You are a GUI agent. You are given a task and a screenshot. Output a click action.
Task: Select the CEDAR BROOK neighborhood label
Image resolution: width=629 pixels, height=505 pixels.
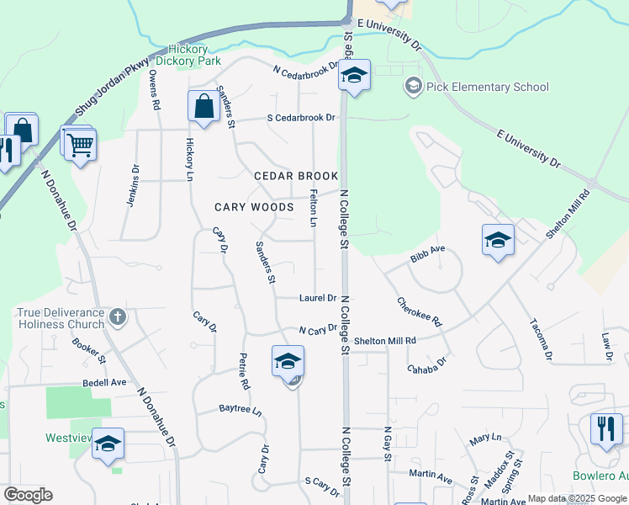click(296, 176)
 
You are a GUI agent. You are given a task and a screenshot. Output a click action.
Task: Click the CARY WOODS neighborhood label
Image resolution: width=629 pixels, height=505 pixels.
click(254, 207)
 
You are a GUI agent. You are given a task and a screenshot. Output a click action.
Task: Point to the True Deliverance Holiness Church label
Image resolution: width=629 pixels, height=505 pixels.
click(61, 317)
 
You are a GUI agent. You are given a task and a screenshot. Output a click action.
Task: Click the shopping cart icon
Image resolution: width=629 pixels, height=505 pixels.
click(81, 144)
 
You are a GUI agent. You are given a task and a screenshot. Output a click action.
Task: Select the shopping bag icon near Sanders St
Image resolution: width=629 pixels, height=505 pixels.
click(203, 107)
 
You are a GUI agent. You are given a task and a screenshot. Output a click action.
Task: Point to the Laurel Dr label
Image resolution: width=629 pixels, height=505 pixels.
click(318, 298)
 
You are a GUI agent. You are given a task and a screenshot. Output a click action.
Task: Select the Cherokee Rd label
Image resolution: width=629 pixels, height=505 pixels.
click(419, 311)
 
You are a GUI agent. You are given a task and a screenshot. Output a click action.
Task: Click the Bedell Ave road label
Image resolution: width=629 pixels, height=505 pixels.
click(104, 382)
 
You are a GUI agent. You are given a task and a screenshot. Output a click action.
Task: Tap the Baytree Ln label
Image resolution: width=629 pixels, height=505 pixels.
click(240, 412)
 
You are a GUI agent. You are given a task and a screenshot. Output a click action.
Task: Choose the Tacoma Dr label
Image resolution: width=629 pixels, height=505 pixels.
click(541, 339)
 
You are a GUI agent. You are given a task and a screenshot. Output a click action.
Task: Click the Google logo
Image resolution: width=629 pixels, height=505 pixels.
click(28, 495)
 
